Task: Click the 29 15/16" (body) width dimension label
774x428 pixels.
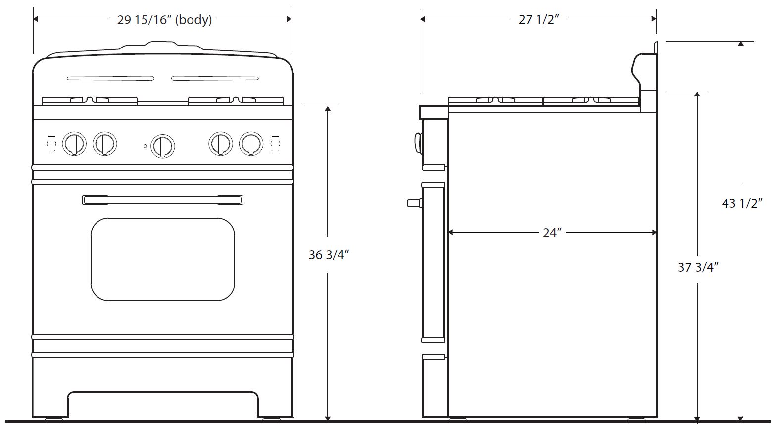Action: click(164, 20)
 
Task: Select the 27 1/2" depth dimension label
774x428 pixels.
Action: click(539, 19)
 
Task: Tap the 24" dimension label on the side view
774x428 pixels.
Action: click(552, 233)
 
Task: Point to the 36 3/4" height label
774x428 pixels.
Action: click(329, 255)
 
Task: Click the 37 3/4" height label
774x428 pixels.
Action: click(698, 267)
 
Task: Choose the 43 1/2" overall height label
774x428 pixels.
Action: click(742, 203)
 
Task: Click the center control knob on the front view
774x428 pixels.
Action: click(163, 146)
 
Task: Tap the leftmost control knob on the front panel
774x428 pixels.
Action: click(74, 143)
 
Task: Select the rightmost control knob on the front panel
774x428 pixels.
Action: click(251, 143)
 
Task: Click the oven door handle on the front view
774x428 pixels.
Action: click(163, 200)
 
